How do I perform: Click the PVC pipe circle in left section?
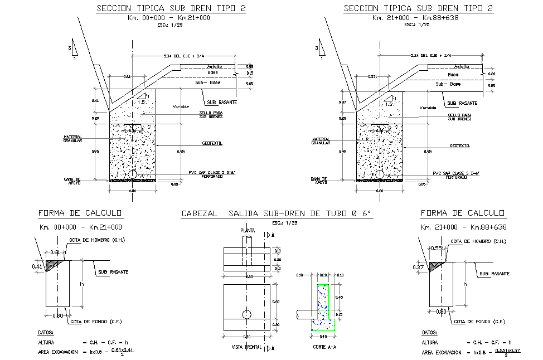click(x=132, y=174)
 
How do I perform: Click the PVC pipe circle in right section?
click(x=380, y=174)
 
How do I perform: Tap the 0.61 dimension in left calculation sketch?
click(x=55, y=252)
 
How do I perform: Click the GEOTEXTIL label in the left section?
click(x=212, y=143)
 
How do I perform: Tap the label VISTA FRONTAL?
click(x=246, y=347)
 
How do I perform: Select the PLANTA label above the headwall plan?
click(x=247, y=230)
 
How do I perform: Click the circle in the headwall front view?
click(x=246, y=315)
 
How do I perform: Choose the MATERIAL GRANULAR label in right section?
click(x=321, y=141)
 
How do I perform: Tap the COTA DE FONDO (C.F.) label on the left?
click(x=96, y=322)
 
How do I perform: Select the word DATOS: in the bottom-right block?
click(x=430, y=332)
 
